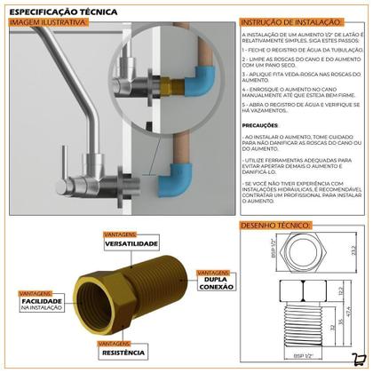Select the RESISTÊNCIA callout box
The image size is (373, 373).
124,352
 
